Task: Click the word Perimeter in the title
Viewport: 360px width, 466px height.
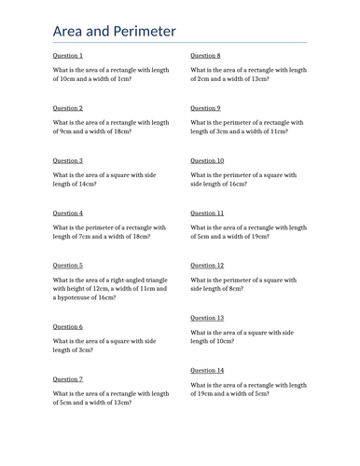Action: (143, 32)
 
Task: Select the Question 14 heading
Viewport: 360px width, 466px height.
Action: (207, 370)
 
